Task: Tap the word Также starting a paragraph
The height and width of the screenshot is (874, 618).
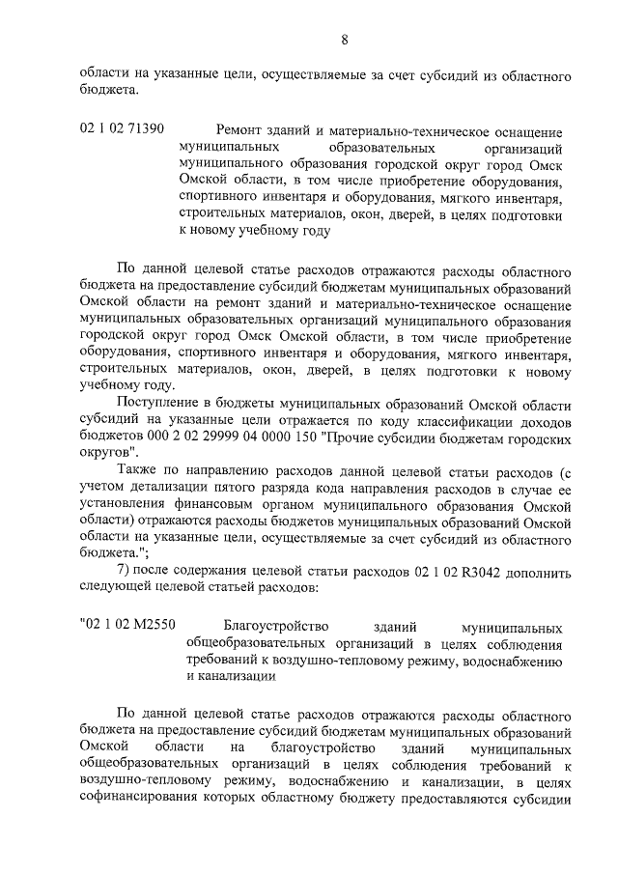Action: (138, 470)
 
